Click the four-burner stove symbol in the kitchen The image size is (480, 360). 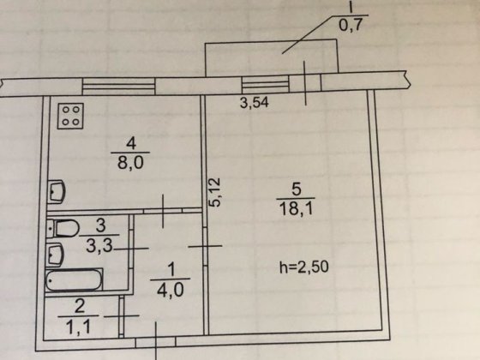[x=70, y=116]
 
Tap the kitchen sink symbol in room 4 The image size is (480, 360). [x=57, y=192]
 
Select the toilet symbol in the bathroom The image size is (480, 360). [x=63, y=228]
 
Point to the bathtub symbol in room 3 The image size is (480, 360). [x=74, y=279]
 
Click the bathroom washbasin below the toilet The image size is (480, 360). [x=55, y=255]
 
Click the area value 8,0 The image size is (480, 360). [x=130, y=163]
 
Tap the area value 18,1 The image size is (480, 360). [x=296, y=209]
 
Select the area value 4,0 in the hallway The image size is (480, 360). [x=171, y=290]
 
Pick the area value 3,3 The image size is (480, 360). [x=99, y=245]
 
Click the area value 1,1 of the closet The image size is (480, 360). [x=78, y=327]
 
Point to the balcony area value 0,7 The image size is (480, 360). [x=351, y=25]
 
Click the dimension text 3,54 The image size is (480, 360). [x=255, y=103]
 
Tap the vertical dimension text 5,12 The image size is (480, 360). [x=214, y=192]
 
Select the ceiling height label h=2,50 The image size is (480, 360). [x=304, y=267]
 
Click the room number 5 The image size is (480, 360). [x=296, y=189]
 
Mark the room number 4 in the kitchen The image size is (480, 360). [x=131, y=143]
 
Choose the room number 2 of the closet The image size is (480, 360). [x=79, y=307]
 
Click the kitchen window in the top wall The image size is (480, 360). [x=119, y=87]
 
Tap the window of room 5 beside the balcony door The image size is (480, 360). [x=266, y=84]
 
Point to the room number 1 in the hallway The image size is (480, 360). [x=171, y=269]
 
